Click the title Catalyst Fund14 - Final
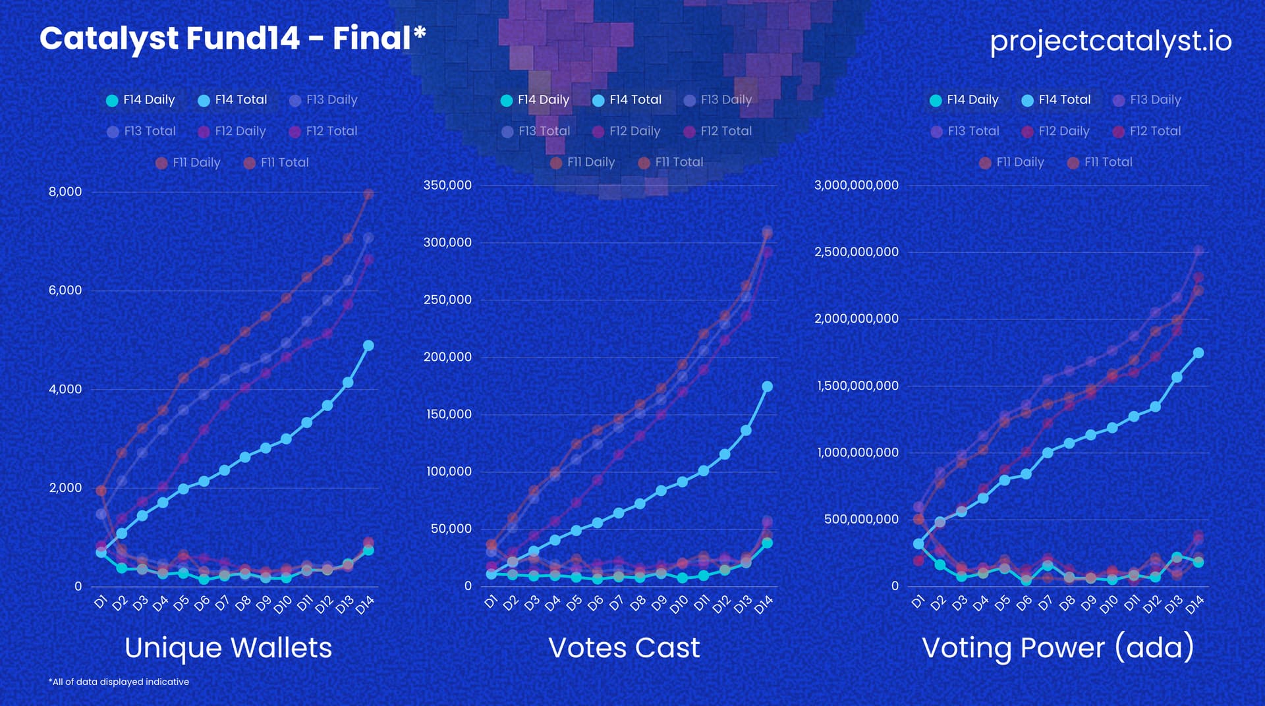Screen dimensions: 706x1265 point(232,38)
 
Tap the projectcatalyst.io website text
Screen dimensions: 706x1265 point(1110,41)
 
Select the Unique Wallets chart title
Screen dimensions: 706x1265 point(228,647)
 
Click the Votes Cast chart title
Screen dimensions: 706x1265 point(624,647)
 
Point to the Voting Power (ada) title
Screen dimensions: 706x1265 point(1057,647)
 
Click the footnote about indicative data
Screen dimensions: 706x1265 point(119,682)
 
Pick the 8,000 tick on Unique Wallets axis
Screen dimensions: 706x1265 point(65,192)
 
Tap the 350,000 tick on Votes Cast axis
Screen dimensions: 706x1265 point(447,185)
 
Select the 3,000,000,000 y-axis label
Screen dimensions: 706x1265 point(856,185)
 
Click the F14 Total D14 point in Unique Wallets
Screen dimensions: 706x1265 point(368,346)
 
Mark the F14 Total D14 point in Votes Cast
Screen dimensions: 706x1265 point(767,387)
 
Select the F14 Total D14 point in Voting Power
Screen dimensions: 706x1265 point(1198,353)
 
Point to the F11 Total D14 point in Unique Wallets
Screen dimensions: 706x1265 point(368,194)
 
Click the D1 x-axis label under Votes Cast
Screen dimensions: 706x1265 point(491,601)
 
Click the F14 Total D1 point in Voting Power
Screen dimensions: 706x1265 point(918,544)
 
